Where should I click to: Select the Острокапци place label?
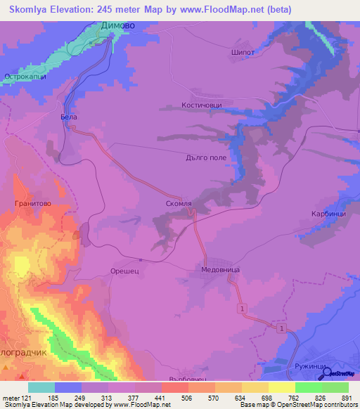(25, 77)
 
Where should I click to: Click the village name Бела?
(69, 117)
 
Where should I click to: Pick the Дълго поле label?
(206, 157)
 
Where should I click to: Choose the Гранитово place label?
(32, 203)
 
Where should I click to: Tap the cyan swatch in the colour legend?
(41, 387)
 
